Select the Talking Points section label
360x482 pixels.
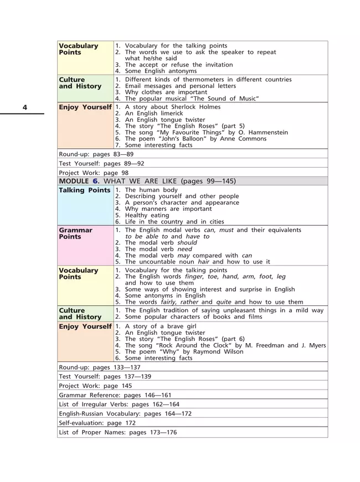tap(84, 190)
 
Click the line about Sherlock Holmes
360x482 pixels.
tap(172, 107)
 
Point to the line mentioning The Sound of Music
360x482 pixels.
tap(192, 98)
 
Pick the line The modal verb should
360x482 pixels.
tap(161, 242)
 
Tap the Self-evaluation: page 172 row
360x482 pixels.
tap(97, 422)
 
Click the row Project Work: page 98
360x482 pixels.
tap(94, 173)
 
